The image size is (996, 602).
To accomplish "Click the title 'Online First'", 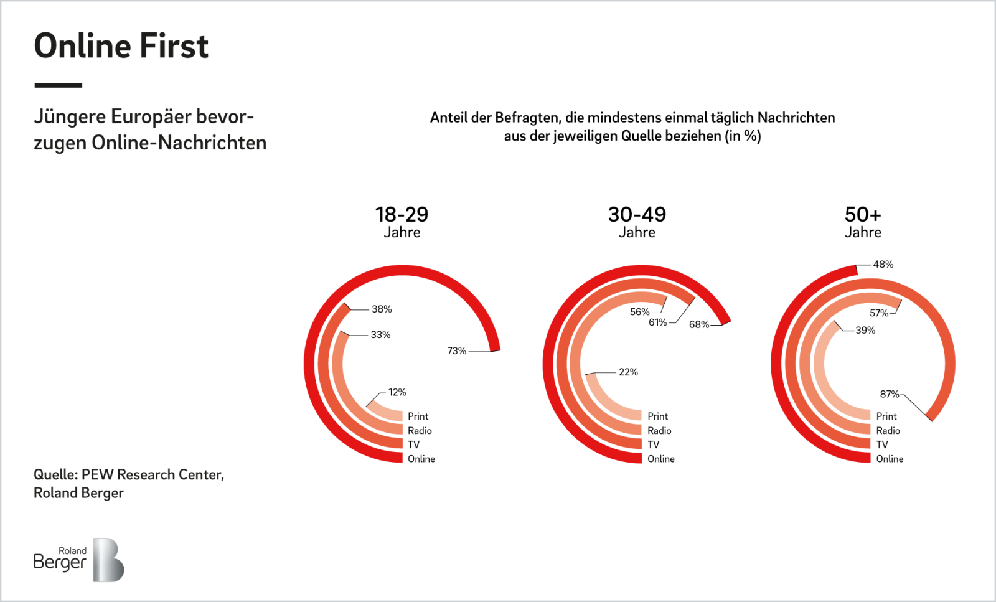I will pos(121,46).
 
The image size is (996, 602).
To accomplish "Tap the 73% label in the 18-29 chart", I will pos(456,351).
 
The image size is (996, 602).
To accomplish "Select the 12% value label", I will pos(397,392).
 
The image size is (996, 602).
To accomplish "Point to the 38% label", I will pos(382,309).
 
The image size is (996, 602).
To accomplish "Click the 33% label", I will pos(380,335).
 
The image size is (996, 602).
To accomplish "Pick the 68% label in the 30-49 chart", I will pos(699,324).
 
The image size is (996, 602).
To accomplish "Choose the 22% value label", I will pos(628,372).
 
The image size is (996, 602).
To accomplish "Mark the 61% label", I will pos(657,322).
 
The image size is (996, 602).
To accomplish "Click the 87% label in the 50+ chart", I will pos(889,394).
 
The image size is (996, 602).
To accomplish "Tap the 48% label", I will pos(883,265).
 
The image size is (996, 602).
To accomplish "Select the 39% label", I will pos(865,331).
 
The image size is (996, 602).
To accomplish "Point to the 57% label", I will pos(879,313).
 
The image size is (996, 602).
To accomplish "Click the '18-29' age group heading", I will pos(402,215).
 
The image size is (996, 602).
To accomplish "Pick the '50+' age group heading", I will pos(863,215).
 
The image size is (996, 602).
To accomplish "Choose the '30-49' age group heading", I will pos(637,215).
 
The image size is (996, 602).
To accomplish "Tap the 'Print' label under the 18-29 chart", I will pos(418,416).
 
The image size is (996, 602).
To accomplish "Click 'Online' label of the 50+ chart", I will pos(890,459).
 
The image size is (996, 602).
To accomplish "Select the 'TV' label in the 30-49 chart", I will pos(653,444).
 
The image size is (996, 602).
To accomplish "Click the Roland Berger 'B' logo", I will pos(108,560).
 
